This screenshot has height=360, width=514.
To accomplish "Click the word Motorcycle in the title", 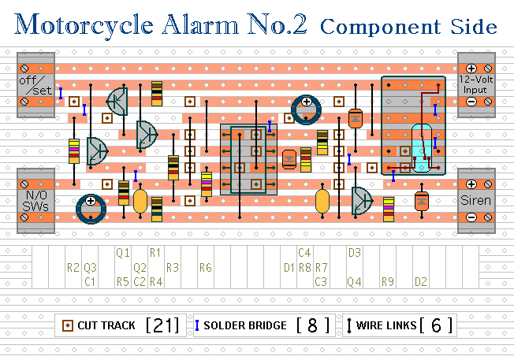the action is pos(84,25).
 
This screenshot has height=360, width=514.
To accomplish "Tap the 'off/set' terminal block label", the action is pos(35,85).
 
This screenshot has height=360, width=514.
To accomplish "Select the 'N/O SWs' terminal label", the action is pos(35,200).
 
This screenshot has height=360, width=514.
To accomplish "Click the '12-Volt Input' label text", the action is pos(476,84).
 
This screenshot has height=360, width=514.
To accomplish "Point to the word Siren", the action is pos(475,200).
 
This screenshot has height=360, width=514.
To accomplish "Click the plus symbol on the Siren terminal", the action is pos(471,184).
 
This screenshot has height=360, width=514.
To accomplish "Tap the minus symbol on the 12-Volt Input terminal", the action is pos(471,102).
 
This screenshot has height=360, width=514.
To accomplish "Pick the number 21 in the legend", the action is pos(162,325).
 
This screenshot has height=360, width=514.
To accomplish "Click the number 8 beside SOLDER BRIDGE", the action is pos(313,325).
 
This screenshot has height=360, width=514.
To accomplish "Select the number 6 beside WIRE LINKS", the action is pos(436,325).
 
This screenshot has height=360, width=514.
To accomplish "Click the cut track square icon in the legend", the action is pos(68,325).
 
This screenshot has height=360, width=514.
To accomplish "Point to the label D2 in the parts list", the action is pos(421,282).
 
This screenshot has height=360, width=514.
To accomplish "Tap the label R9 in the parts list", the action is pos(388,282).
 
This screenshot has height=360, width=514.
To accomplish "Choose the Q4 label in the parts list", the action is pos(355,282).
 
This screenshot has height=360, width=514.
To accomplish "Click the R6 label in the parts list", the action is pos(206,268).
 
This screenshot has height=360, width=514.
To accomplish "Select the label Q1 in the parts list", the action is pos(123,253).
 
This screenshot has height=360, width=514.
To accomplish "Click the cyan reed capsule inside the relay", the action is pos(422,148).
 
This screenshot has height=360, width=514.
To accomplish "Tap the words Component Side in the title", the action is pos(408,27).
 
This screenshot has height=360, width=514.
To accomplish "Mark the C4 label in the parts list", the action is pos(304,253).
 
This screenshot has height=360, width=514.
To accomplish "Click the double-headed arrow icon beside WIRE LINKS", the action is pos(349,325).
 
